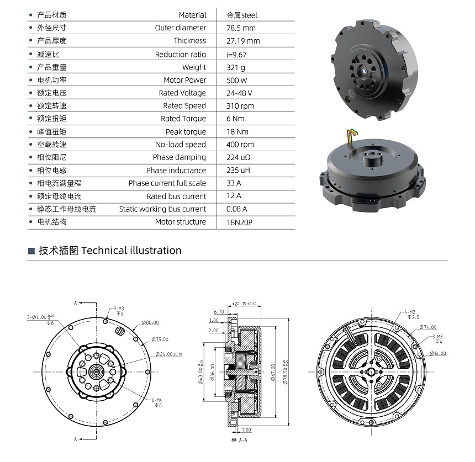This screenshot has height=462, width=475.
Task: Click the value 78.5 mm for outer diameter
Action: coord(241,28)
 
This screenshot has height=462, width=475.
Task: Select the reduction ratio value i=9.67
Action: coord(236,54)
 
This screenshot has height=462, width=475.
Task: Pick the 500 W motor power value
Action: coord(237,80)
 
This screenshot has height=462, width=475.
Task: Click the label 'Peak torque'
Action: coord(186,132)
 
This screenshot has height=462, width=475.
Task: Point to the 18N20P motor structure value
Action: coord(240,222)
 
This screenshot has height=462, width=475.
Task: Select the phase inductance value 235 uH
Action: coord(238,171)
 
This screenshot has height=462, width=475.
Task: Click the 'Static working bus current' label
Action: coord(162,209)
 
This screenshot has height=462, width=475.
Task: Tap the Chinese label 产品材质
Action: coord(52,15)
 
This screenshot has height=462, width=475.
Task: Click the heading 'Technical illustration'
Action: coord(131,251)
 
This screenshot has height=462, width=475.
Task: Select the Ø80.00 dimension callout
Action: coord(150,322)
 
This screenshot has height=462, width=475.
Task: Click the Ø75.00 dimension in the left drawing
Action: coord(161,339)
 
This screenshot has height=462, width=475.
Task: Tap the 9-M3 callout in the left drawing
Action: coord(119,309)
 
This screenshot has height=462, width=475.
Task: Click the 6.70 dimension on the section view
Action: coord(219,311)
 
